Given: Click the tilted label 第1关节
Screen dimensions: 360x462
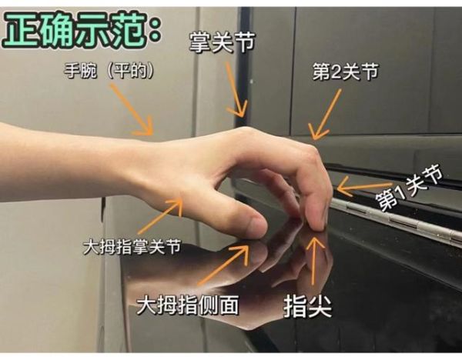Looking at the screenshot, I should point(408,189).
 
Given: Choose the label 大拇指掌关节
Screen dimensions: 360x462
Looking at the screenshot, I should point(132,248).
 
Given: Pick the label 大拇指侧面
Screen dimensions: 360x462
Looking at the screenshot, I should point(187,304).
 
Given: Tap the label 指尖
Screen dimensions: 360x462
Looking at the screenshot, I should point(308,305).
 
